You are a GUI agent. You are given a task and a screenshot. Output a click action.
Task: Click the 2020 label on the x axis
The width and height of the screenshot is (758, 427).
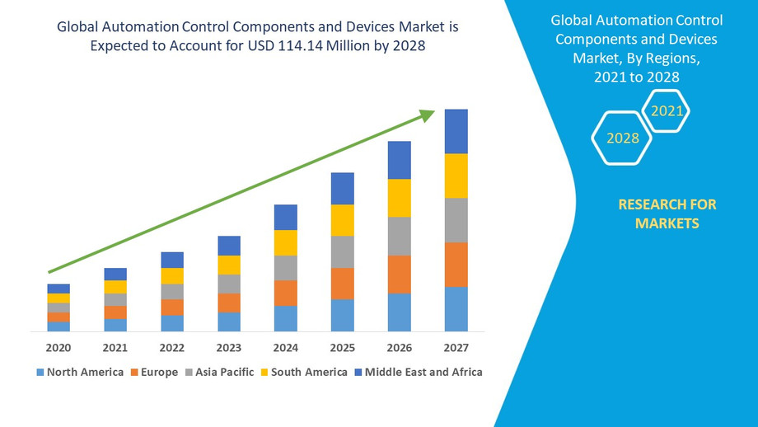pyautogui.click(x=58, y=348)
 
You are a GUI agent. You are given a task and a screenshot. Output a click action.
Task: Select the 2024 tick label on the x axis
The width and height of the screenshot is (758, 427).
pyautogui.click(x=285, y=348)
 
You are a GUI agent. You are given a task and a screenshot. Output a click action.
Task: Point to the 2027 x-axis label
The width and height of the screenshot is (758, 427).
pyautogui.click(x=456, y=348)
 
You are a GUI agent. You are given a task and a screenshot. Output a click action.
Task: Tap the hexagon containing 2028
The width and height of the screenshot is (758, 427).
pyautogui.click(x=623, y=138)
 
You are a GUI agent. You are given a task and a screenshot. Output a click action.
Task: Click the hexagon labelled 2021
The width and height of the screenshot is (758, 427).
pyautogui.click(x=667, y=110)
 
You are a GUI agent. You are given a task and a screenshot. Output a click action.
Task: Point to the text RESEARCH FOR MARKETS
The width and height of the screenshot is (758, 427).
pyautogui.click(x=667, y=213)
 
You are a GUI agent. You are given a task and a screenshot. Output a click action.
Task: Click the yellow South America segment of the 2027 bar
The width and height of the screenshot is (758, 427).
pyautogui.click(x=456, y=176)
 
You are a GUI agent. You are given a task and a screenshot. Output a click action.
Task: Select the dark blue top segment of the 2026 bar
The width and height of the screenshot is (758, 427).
pyautogui.click(x=399, y=160)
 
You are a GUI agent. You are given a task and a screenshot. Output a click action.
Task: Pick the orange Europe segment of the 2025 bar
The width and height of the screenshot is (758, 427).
pyautogui.click(x=342, y=284)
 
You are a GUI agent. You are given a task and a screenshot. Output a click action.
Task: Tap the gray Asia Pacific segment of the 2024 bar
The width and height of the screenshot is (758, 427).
pyautogui.click(x=285, y=268)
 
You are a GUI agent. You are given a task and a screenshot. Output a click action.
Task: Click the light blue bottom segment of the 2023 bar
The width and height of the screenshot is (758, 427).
pyautogui.click(x=229, y=321)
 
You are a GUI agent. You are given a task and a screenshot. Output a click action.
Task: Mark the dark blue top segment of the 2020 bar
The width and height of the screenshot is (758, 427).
pyautogui.click(x=58, y=289)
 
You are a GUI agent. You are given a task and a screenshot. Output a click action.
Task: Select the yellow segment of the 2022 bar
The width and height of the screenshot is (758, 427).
pyautogui.click(x=172, y=276)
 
